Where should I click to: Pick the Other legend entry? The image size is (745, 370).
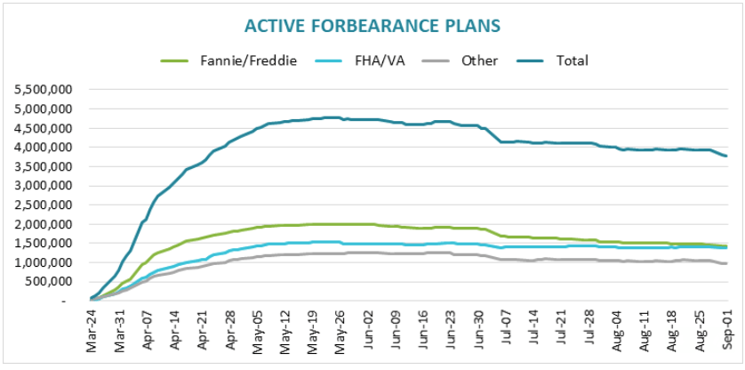(479, 60)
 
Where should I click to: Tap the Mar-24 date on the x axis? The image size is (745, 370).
(92, 334)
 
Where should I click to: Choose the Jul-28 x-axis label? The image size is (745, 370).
(591, 334)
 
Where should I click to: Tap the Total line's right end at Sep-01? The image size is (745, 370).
(726, 157)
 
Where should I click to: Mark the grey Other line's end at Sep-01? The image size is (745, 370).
(726, 263)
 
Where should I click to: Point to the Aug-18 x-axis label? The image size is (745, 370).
(673, 334)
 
